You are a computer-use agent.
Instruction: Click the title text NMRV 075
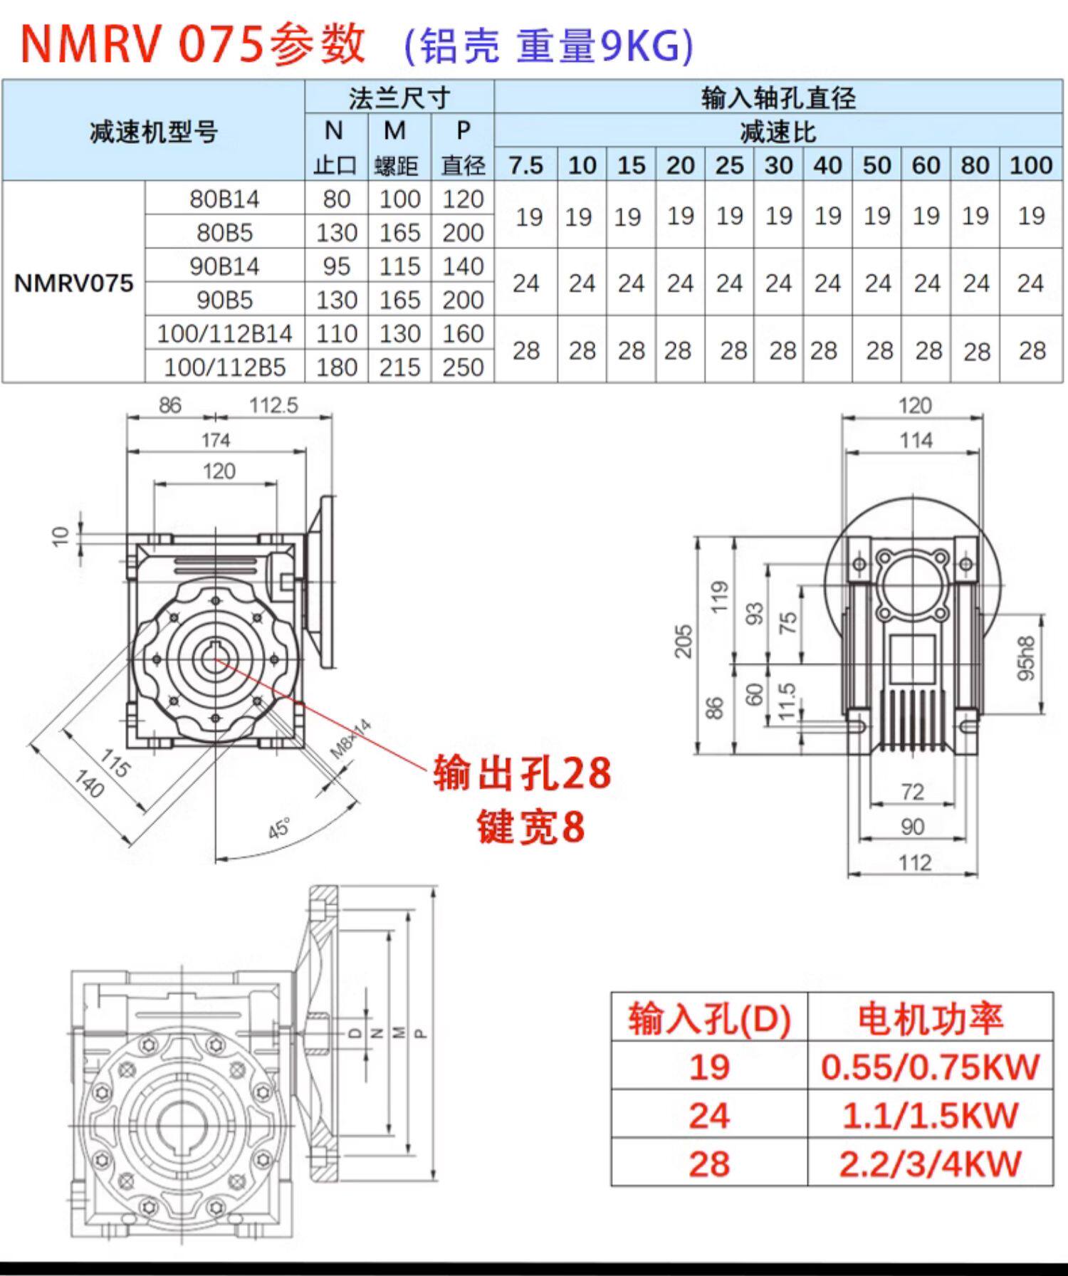coord(142,44)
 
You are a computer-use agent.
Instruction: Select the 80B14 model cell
coord(224,199)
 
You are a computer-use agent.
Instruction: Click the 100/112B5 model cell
coord(224,367)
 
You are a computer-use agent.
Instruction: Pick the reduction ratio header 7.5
coord(525,165)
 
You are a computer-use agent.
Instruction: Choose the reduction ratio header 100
coord(1030,165)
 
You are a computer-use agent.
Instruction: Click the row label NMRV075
coord(73,283)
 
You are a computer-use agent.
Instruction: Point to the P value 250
coord(463,367)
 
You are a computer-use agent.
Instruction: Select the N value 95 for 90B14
coord(336,266)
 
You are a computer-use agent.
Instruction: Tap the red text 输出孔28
coord(522,773)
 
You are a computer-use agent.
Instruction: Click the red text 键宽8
coord(531,827)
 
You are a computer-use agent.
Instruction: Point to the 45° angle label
coord(280,829)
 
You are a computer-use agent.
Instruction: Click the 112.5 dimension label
coord(273,405)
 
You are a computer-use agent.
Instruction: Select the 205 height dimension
coord(684,642)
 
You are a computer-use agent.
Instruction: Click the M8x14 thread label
coord(351,738)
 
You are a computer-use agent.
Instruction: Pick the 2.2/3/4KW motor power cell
coord(930,1164)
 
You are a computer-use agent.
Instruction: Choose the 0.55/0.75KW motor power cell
coord(930,1067)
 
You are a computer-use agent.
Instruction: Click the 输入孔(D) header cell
coord(709,1019)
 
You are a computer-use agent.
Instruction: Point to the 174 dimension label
coord(216,440)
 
